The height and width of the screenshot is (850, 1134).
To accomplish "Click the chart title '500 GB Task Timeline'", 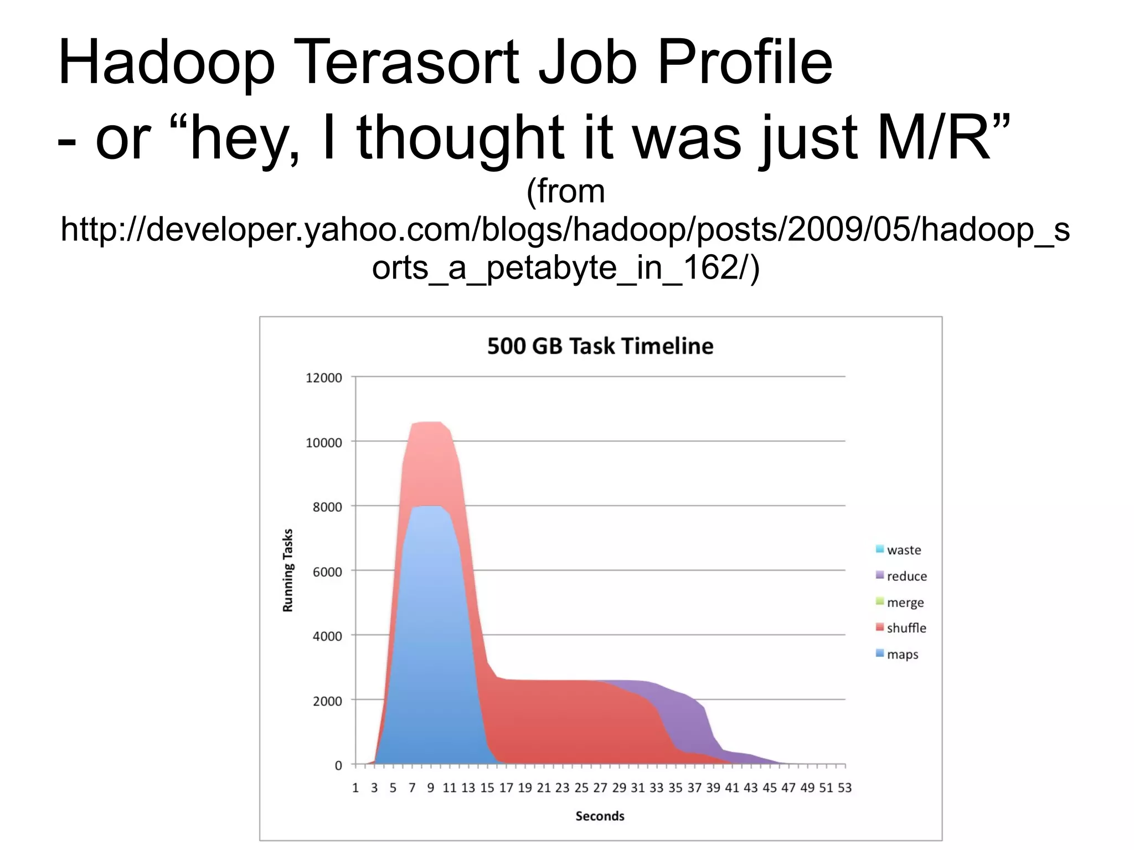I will (x=600, y=346).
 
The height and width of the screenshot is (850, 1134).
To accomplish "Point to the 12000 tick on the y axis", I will (x=324, y=378).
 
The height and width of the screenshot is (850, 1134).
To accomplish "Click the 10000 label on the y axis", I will (x=324, y=442).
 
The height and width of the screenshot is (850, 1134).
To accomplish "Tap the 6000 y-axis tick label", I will (x=327, y=571).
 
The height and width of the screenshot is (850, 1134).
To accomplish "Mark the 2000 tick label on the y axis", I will (x=327, y=701).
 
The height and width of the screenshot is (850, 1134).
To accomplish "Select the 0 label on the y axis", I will (x=338, y=765).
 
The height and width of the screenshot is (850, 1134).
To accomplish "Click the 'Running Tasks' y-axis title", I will (x=288, y=570).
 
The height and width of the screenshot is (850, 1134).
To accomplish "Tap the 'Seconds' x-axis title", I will (x=600, y=816).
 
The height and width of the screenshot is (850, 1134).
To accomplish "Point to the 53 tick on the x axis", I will (x=844, y=787).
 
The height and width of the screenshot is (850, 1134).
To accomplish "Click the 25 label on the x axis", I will (x=581, y=787).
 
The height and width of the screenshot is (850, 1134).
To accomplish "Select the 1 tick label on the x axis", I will (x=355, y=787).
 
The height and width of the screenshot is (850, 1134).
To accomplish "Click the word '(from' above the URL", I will (x=565, y=191).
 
